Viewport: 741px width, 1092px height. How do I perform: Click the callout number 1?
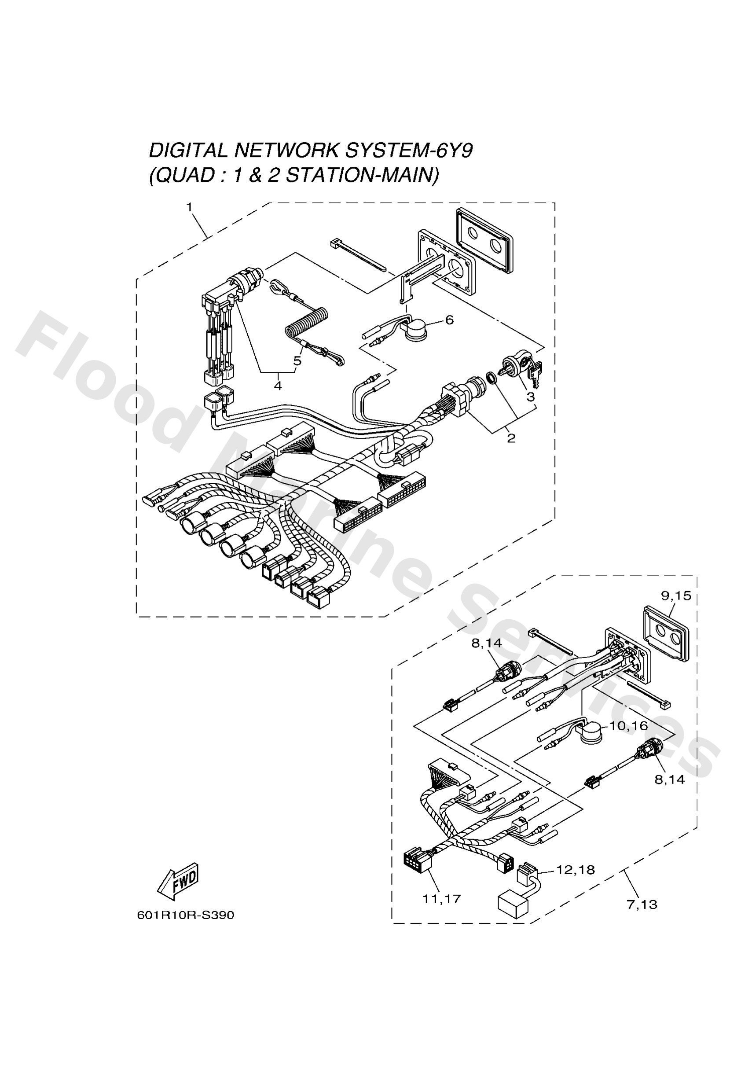189,207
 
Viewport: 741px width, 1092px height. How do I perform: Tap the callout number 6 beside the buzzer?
449,320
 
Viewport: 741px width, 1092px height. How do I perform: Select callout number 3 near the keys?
530,397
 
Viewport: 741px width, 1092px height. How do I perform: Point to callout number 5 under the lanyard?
297,361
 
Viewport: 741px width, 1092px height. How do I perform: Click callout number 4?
278,386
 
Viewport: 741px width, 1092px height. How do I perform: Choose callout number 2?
511,438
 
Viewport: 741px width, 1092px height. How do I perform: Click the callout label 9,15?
676,596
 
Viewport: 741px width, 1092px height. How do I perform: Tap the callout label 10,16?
629,726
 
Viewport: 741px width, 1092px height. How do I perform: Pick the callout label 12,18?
576,870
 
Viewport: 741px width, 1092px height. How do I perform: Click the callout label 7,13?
642,904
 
